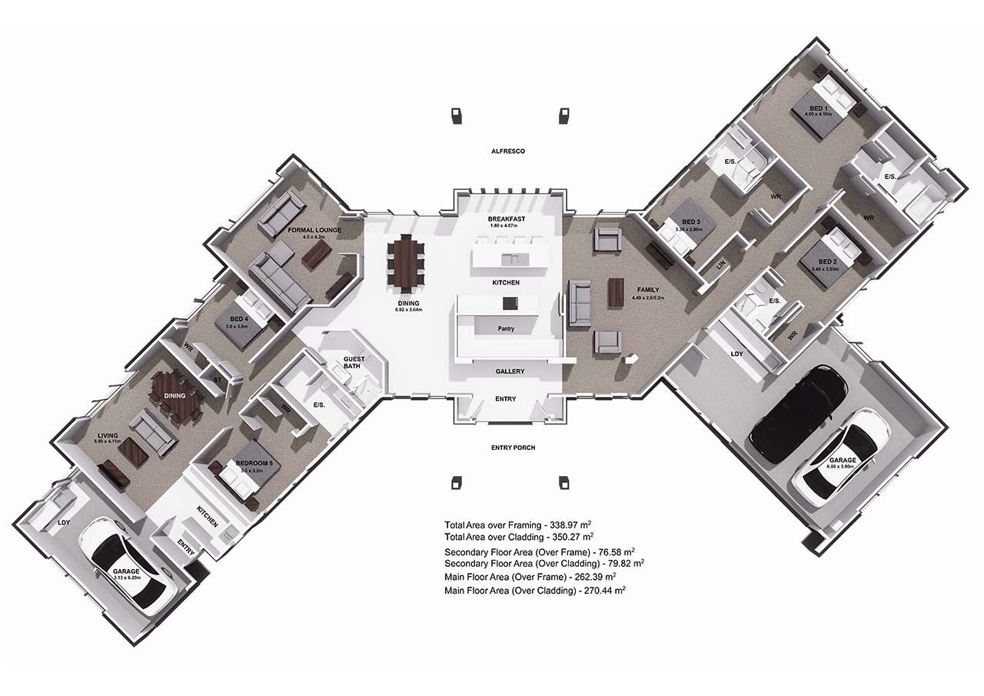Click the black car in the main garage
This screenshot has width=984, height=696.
click(799, 413)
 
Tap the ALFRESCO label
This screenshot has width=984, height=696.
click(507, 152)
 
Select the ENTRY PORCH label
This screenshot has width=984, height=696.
click(513, 448)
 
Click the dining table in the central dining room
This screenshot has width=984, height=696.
click(405, 265)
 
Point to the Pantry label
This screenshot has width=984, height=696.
click(505, 329)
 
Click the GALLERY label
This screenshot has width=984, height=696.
click(510, 371)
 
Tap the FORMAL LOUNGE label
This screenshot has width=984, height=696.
click(314, 230)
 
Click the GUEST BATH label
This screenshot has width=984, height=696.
click(353, 362)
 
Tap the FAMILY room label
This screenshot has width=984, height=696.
click(648, 290)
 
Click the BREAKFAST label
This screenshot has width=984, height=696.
click(507, 219)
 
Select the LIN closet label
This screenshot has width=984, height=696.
click(720, 264)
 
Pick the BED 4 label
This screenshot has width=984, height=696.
click(238, 318)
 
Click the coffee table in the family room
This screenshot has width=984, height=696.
click(616, 292)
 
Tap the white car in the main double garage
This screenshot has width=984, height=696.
click(836, 458)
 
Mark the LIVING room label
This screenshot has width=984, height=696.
click(108, 435)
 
